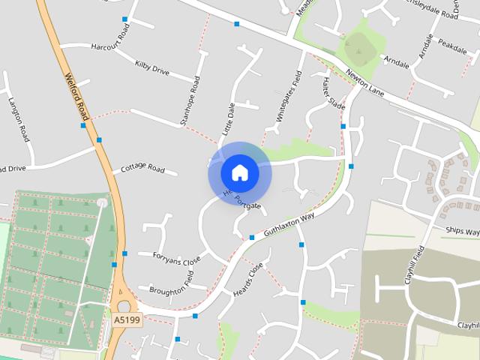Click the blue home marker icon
click(239, 172)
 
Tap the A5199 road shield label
click(127, 320)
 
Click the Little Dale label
click(227, 119)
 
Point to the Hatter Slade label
click(333, 94)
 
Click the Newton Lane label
click(364, 83)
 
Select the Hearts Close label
click(248, 278)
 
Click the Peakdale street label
click(452, 45)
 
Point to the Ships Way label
click(461, 232)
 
